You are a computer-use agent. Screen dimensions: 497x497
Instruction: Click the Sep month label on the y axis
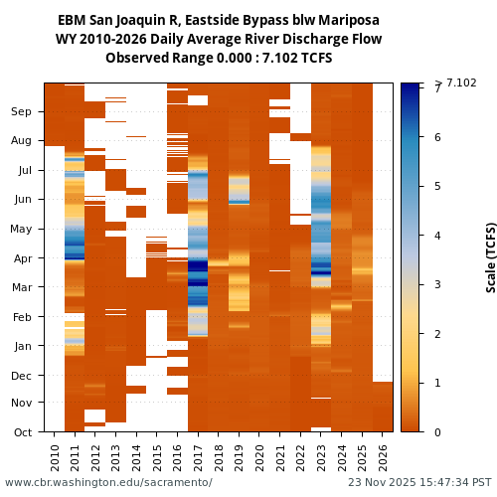[22, 112]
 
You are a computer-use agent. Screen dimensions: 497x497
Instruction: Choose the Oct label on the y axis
[22, 432]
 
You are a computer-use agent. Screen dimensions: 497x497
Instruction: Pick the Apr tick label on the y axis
[22, 258]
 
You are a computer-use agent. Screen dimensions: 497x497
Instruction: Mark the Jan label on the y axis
[22, 346]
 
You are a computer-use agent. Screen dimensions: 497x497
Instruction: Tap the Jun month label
[22, 200]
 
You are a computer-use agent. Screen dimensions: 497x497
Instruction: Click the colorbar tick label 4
[438, 236]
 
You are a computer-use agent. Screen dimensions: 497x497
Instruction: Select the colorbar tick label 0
[438, 432]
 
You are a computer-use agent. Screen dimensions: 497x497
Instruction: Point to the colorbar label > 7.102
[455, 83]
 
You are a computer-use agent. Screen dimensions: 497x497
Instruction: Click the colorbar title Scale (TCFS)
[490, 256]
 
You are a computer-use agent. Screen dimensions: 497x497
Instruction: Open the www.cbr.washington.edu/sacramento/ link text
[108, 483]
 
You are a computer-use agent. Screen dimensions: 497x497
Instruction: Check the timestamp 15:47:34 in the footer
[440, 483]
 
